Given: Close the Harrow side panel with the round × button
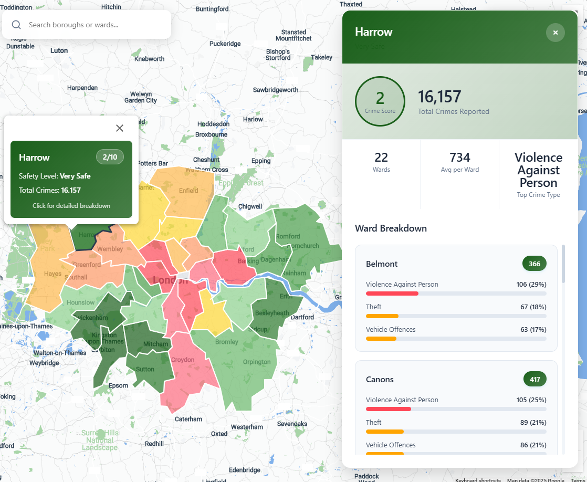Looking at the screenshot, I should point(555,33).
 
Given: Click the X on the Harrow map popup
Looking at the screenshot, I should point(120,128).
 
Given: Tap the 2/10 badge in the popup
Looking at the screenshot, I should point(110,156).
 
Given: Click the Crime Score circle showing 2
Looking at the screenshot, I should point(380,101).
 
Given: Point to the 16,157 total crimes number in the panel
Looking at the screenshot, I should point(439,97).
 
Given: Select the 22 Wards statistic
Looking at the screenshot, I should point(381,161).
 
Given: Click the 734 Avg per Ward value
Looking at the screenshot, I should point(460,158).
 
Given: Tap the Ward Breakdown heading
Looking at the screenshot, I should point(391,228).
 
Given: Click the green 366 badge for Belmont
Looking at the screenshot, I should point(534,264).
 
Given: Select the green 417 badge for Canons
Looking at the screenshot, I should point(534,379).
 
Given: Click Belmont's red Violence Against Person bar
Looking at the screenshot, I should point(392,294).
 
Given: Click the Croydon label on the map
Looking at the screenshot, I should point(183,360).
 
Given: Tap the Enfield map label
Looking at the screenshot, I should point(188,191).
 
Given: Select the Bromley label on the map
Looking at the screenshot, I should point(227,342).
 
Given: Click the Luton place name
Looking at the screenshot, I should point(59,51).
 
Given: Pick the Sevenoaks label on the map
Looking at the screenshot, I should point(292,424).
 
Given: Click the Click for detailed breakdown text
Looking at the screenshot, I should point(71,206).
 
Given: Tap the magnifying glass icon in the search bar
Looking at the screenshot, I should point(16,25).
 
